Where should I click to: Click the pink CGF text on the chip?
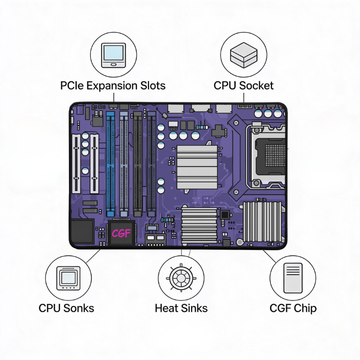click(x=121, y=234)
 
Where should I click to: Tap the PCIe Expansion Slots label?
click(x=113, y=86)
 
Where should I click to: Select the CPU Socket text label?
click(x=244, y=85)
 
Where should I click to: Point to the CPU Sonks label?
click(x=66, y=308)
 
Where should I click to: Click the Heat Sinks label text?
click(x=181, y=308)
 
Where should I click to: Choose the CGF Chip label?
click(x=293, y=308)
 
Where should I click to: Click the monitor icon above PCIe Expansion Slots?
click(x=114, y=55)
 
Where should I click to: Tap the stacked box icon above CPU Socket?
click(x=244, y=54)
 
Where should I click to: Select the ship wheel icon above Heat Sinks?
click(x=181, y=278)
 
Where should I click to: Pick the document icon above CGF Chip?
click(x=293, y=277)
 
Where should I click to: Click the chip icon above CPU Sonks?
click(x=68, y=278)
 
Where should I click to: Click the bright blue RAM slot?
click(x=111, y=164)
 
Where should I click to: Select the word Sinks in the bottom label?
click(x=195, y=308)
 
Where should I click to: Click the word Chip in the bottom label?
click(x=304, y=308)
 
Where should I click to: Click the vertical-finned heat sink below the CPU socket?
click(x=263, y=221)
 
